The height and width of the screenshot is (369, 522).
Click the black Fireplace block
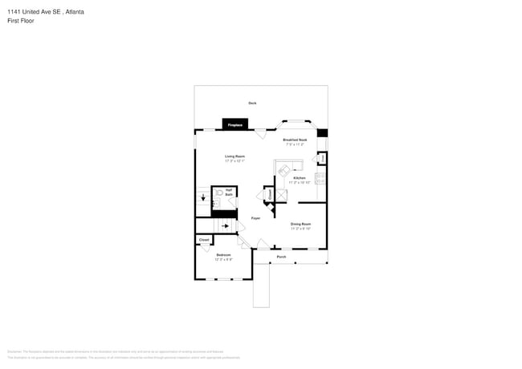[235, 124]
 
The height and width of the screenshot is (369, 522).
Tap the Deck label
[252, 103]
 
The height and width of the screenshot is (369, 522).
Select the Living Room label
[234, 157]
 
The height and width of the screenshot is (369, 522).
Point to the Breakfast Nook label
[296, 140]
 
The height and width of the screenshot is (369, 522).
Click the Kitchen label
[299, 179]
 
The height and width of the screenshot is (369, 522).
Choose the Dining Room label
[300, 225]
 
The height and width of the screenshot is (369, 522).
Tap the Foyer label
[255, 218]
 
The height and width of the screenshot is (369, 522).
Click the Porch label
[281, 257]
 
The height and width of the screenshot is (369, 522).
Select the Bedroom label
[223, 256]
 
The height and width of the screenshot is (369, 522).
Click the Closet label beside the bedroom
[204, 240]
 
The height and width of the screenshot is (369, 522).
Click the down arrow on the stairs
[203, 197]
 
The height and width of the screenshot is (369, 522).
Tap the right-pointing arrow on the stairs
[226, 226]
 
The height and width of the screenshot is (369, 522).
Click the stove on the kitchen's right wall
[320, 177]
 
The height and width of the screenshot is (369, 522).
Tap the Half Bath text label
[229, 193]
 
